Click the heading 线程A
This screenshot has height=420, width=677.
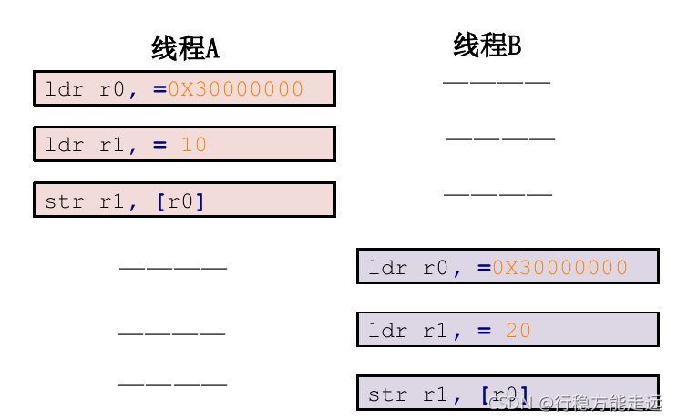185,48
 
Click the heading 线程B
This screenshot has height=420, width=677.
487,45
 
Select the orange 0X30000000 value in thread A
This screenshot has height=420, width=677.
235,89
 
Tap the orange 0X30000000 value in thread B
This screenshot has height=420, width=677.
559,267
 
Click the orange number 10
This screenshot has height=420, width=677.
193,144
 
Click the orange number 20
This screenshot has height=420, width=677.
518,331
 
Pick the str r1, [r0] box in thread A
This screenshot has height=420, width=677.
184,200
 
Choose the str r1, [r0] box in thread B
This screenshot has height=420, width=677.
508,393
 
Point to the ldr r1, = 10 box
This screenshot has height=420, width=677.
184,144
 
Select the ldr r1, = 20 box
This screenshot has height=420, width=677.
508,330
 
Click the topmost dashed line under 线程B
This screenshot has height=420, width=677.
497,83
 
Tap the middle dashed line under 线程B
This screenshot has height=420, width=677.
500,139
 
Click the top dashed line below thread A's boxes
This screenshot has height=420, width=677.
173,269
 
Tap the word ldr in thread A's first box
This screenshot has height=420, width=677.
64,89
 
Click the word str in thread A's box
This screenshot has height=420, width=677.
64,200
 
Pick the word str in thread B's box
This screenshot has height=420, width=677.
387,394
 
